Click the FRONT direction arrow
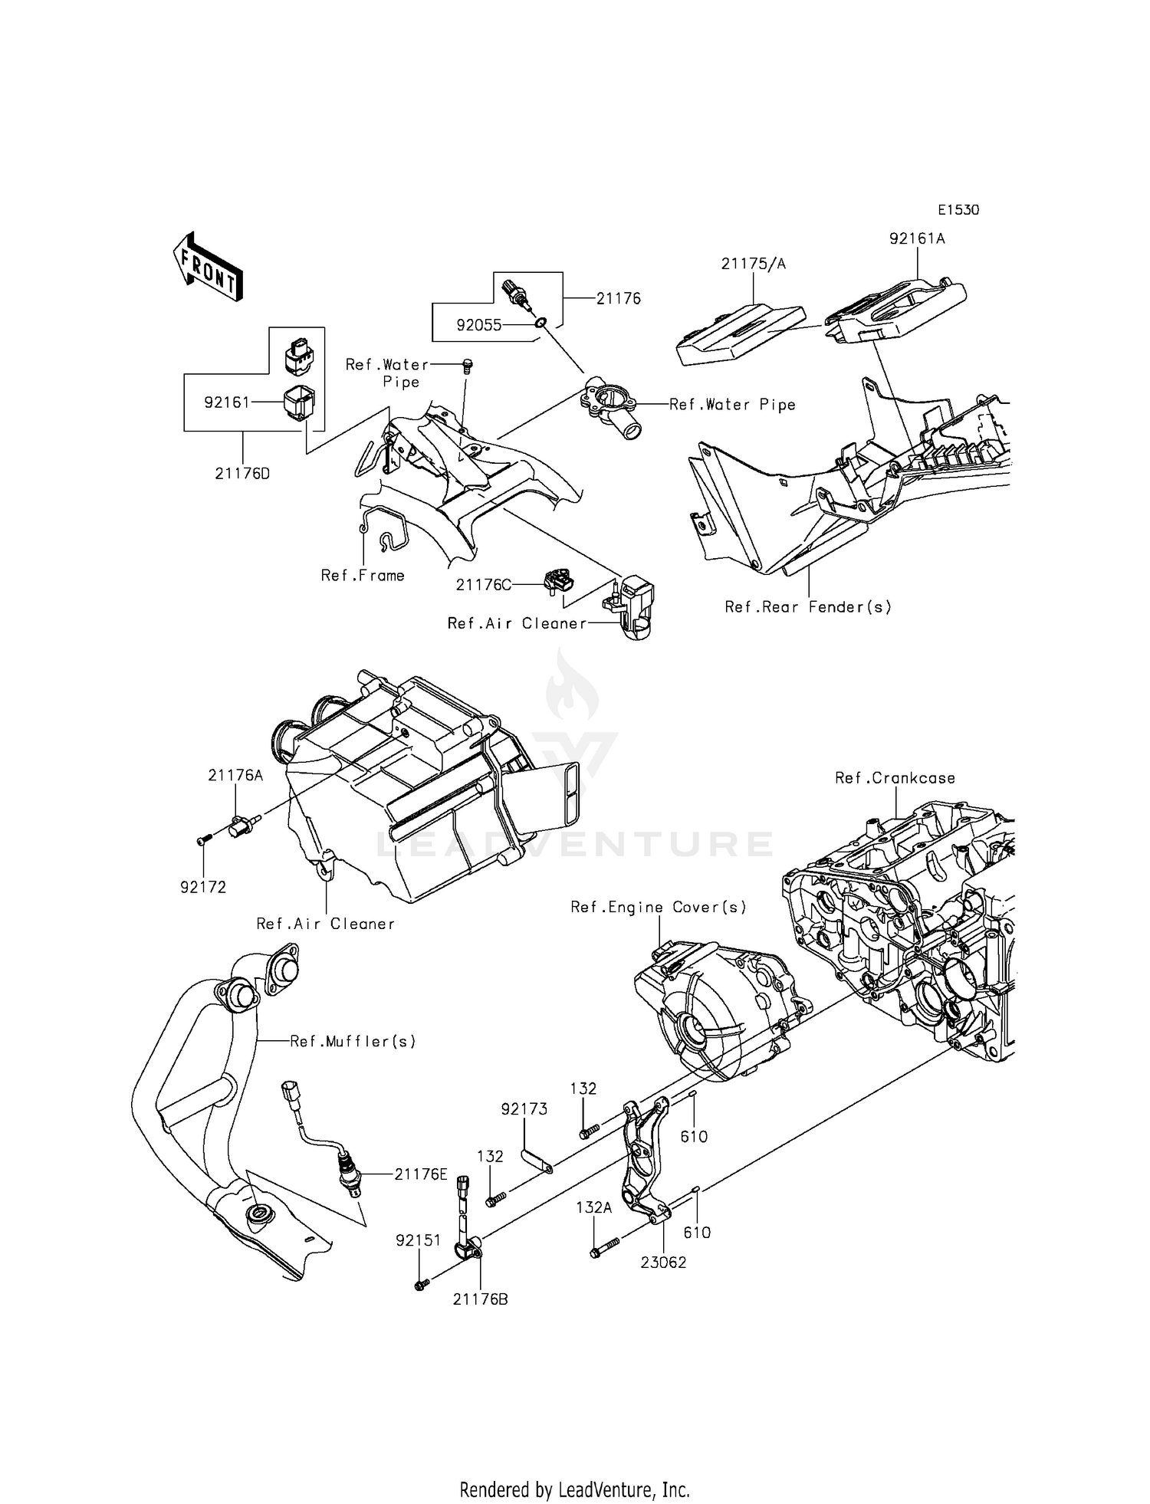point(207,266)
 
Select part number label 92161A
point(917,238)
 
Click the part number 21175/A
point(753,264)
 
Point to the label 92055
point(479,325)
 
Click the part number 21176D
point(242,474)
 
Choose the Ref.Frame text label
point(363,576)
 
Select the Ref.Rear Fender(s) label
point(808,607)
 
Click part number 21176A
point(235,775)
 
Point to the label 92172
point(203,888)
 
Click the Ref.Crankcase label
point(895,778)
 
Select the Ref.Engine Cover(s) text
point(659,908)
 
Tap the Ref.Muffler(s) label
point(353,1041)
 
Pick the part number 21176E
point(421,1174)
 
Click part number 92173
point(524,1109)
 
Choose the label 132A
point(594,1208)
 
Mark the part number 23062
point(663,1262)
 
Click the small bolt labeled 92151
point(420,1286)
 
